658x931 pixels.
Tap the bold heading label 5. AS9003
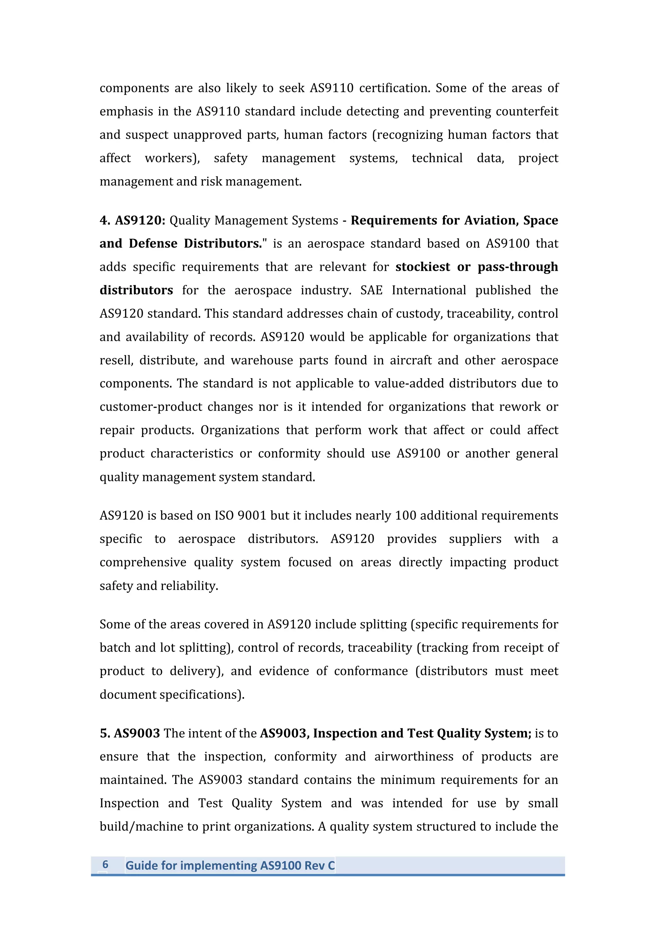click(x=130, y=733)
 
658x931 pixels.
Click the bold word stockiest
click(x=422, y=267)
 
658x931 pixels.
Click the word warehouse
click(x=262, y=360)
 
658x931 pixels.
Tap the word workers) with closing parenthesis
click(x=172, y=158)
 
